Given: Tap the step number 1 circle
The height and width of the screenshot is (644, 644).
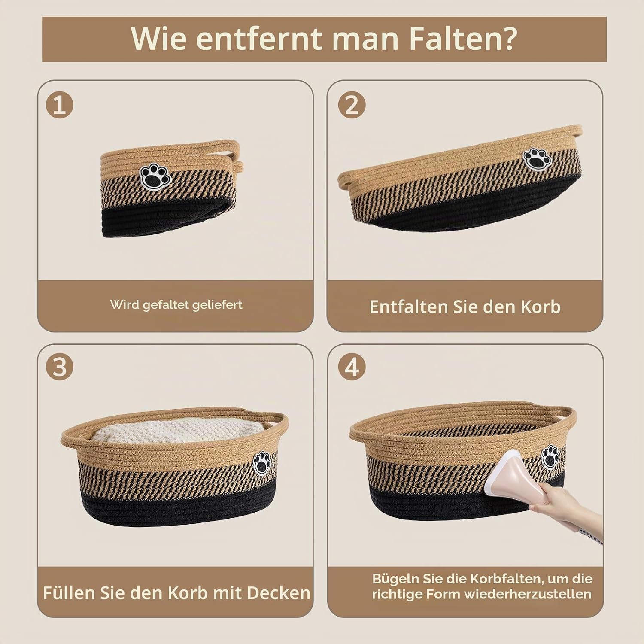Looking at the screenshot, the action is (x=60, y=105).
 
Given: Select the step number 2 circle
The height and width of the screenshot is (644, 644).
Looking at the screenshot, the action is (x=352, y=105).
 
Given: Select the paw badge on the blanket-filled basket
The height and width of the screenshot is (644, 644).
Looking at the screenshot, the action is (x=261, y=463).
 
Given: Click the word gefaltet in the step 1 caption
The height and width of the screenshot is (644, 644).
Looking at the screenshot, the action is (x=166, y=305).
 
